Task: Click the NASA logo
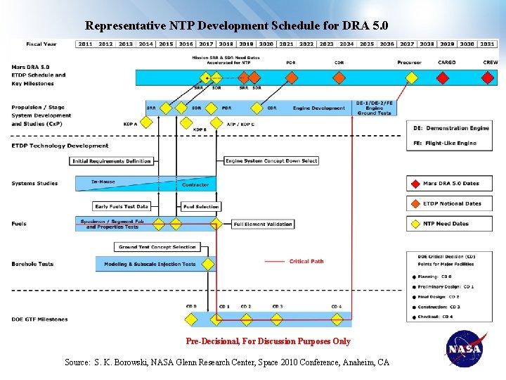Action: pyautogui.click(x=465, y=349)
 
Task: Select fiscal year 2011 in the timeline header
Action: pyautogui.click(x=85, y=44)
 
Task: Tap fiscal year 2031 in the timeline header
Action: pyautogui.click(x=488, y=44)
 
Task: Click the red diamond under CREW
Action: pyautogui.click(x=488, y=77)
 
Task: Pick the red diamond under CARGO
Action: pyautogui.click(x=447, y=77)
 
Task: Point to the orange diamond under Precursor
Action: pyautogui.click(x=409, y=77)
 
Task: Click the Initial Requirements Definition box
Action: pyautogui.click(x=112, y=161)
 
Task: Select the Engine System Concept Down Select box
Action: pyautogui.click(x=271, y=161)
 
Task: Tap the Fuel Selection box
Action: pyautogui.click(x=201, y=207)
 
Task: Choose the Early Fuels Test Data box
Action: pyautogui.click(x=122, y=207)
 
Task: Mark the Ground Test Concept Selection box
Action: pyautogui.click(x=157, y=247)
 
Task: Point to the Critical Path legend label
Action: pyautogui.click(x=306, y=262)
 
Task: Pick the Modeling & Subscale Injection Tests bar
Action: pyautogui.click(x=150, y=264)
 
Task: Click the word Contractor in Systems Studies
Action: pyautogui.click(x=195, y=185)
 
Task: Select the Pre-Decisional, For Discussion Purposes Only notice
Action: pyautogui.click(x=268, y=341)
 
